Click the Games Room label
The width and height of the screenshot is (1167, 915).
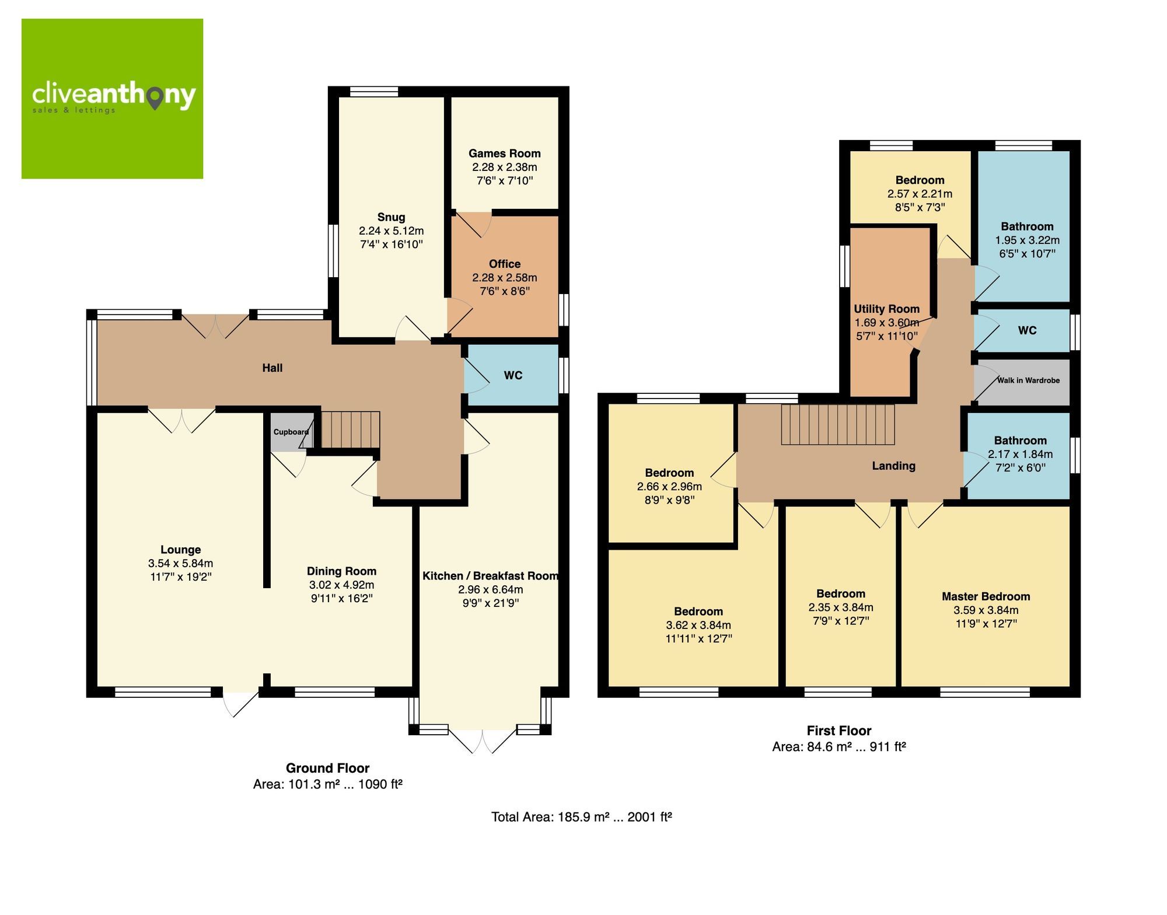pos(504,153)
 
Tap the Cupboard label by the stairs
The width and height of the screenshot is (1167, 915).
pos(291,432)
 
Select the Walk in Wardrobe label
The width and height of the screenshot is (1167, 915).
pos(1028,380)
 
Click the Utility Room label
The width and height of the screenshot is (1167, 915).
pos(886,309)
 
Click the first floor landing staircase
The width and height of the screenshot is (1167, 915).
pos(837,424)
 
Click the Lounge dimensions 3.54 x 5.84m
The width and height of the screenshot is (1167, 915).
pos(180,563)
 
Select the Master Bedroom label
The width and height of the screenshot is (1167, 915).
pos(986,596)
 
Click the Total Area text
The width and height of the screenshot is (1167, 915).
pos(581,817)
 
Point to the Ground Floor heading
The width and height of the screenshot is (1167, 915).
pos(327,768)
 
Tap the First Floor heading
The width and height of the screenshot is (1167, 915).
pos(838,731)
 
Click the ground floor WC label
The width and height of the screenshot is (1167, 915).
pos(513,375)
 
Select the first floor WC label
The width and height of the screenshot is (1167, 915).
pos(1027,330)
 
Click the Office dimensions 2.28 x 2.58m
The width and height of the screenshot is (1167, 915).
pos(504,278)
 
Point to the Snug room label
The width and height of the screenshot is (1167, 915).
pos(391,217)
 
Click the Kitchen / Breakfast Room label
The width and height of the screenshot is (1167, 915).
pos(490,576)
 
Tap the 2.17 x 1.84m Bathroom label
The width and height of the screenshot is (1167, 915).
pos(1020,441)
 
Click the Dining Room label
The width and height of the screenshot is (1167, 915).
pos(341,571)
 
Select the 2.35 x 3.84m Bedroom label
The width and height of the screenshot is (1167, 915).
pos(840,593)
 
